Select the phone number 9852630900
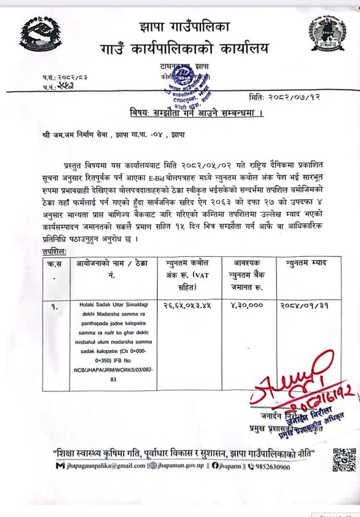[x=284, y=468]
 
